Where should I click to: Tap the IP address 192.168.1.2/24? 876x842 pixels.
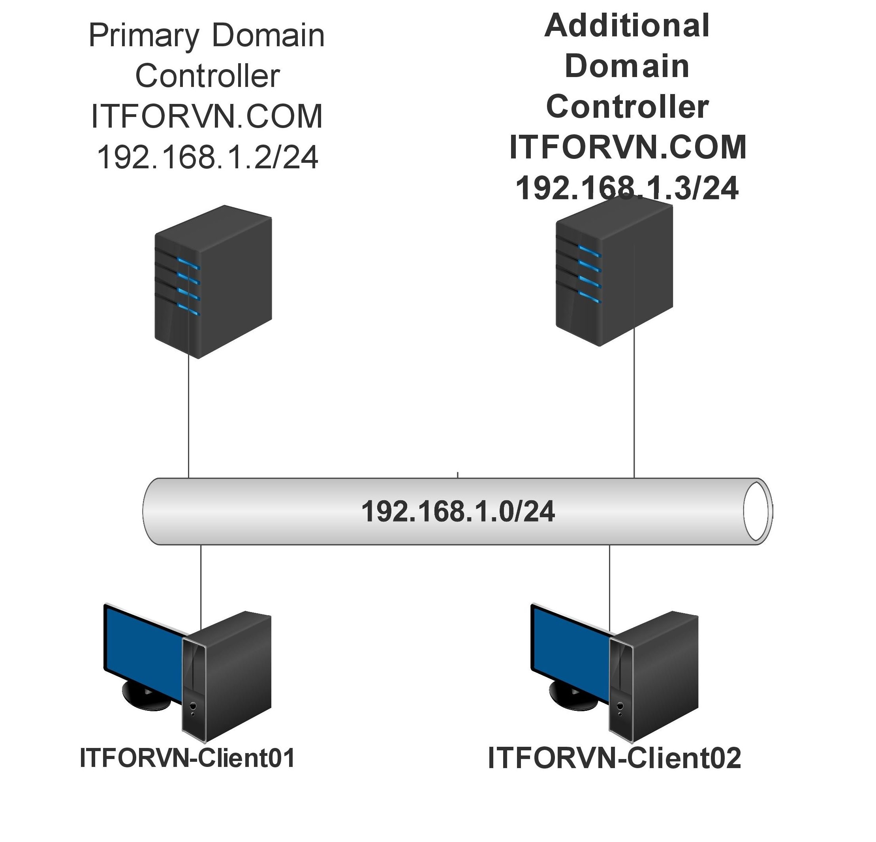(207, 157)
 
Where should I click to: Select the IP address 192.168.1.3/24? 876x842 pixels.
(627, 188)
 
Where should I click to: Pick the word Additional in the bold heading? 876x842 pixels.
(627, 26)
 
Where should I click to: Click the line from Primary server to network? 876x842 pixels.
(189, 420)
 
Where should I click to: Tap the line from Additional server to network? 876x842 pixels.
(634, 411)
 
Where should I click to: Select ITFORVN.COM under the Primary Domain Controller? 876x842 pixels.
(207, 116)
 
